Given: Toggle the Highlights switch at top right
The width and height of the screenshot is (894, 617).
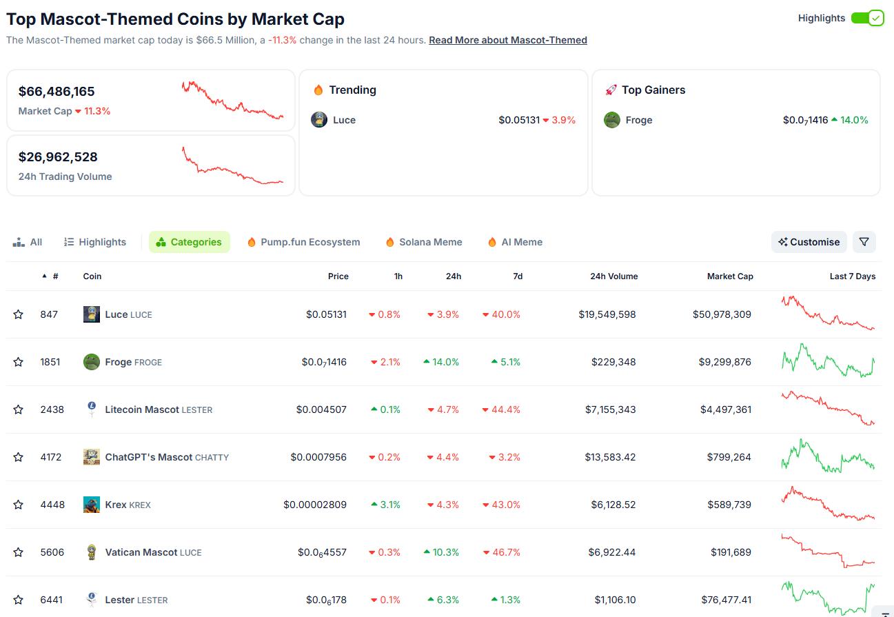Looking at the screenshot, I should tap(866, 18).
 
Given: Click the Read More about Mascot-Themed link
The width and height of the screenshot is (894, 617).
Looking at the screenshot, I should tap(507, 40).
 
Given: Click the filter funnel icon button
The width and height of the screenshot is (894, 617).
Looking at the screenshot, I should tap(864, 242).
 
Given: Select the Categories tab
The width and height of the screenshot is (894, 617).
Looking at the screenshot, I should tap(189, 242).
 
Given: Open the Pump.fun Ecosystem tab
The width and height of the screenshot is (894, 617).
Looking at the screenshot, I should tap(303, 242).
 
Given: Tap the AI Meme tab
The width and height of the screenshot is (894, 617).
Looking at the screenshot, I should tap(515, 242).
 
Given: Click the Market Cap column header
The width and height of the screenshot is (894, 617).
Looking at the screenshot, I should tap(729, 276).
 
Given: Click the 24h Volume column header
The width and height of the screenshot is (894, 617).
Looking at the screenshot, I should tap(613, 276).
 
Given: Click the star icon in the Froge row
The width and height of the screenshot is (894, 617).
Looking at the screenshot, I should tap(19, 362).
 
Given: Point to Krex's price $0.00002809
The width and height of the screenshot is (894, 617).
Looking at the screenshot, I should tap(315, 505).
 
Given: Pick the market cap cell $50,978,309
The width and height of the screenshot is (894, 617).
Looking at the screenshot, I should tap(722, 314).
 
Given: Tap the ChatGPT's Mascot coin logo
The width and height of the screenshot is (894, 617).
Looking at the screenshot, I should tap(92, 457).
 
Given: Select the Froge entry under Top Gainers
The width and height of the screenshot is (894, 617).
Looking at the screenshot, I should tap(638, 120).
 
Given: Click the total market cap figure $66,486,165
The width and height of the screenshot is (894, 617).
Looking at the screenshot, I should tap(57, 92).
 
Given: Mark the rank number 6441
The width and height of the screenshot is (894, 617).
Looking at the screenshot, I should tap(51, 600).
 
